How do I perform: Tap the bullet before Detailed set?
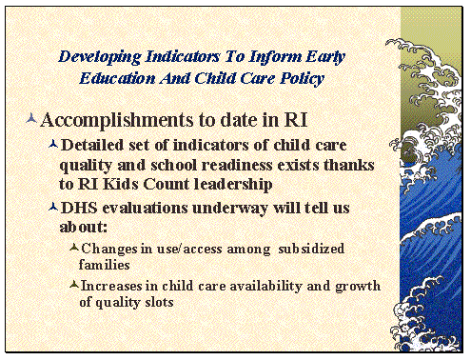coord(52,145)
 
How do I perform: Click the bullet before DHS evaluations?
coord(52,206)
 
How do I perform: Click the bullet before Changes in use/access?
coord(73,248)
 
